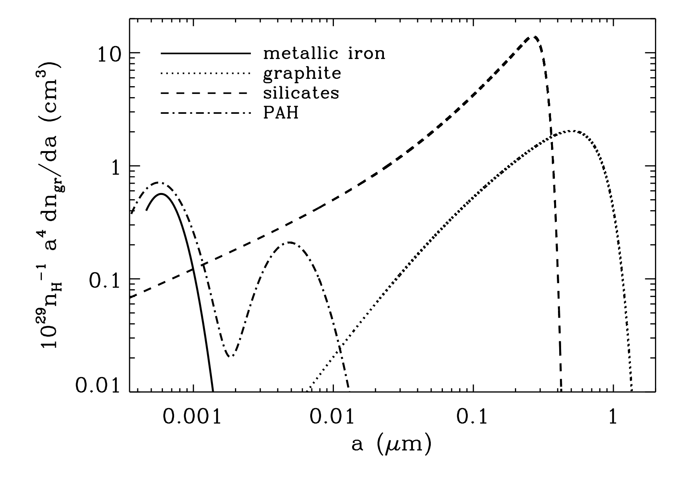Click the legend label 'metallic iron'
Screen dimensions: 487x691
point(324,54)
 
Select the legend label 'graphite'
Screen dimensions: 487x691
point(302,74)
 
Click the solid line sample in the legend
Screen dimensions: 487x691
point(206,54)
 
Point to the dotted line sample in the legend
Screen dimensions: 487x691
point(206,73)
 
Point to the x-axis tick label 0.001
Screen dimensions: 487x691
point(193,417)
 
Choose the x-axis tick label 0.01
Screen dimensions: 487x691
point(333,417)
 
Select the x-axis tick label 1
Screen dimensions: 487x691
point(613,417)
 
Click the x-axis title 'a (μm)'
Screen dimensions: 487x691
point(392,445)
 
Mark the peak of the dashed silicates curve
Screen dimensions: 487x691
point(534,37)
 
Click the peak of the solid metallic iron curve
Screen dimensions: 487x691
point(161,194)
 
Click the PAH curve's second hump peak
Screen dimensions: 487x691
point(289,242)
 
